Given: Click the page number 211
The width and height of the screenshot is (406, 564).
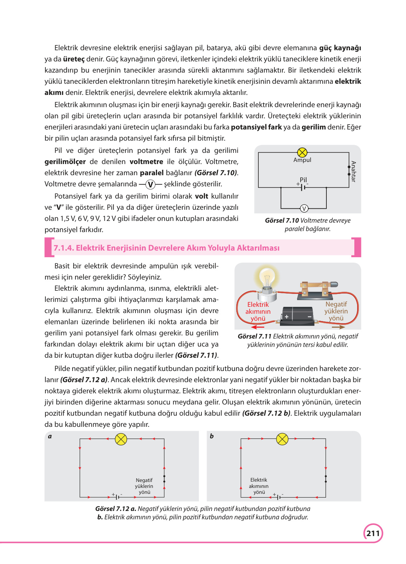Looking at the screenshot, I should (373, 533).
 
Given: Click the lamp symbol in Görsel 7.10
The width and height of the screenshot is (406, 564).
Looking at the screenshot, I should (302, 153).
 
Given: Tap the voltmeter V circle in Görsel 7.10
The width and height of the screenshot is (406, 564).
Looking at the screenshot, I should (304, 209).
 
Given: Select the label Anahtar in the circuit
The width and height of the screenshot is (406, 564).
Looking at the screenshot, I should (353, 171).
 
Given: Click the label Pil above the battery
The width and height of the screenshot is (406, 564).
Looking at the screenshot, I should (303, 179).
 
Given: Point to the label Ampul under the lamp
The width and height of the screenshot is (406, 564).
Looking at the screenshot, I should (302, 160).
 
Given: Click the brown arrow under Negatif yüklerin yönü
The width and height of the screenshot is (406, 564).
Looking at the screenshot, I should (338, 327).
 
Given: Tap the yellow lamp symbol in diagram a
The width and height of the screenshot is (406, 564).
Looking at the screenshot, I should (121, 439).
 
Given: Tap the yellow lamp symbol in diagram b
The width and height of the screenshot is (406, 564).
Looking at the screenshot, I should (282, 439).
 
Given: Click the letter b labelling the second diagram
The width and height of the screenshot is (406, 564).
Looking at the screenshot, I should (212, 436).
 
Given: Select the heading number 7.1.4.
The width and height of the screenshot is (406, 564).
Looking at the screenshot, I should (64, 248).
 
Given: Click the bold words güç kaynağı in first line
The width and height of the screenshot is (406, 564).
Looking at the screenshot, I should (340, 48).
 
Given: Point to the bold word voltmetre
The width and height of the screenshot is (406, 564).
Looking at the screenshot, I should (146, 162).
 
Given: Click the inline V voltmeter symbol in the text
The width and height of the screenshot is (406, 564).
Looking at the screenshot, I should (150, 184).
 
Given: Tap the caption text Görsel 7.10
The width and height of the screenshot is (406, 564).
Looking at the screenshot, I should (282, 221).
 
